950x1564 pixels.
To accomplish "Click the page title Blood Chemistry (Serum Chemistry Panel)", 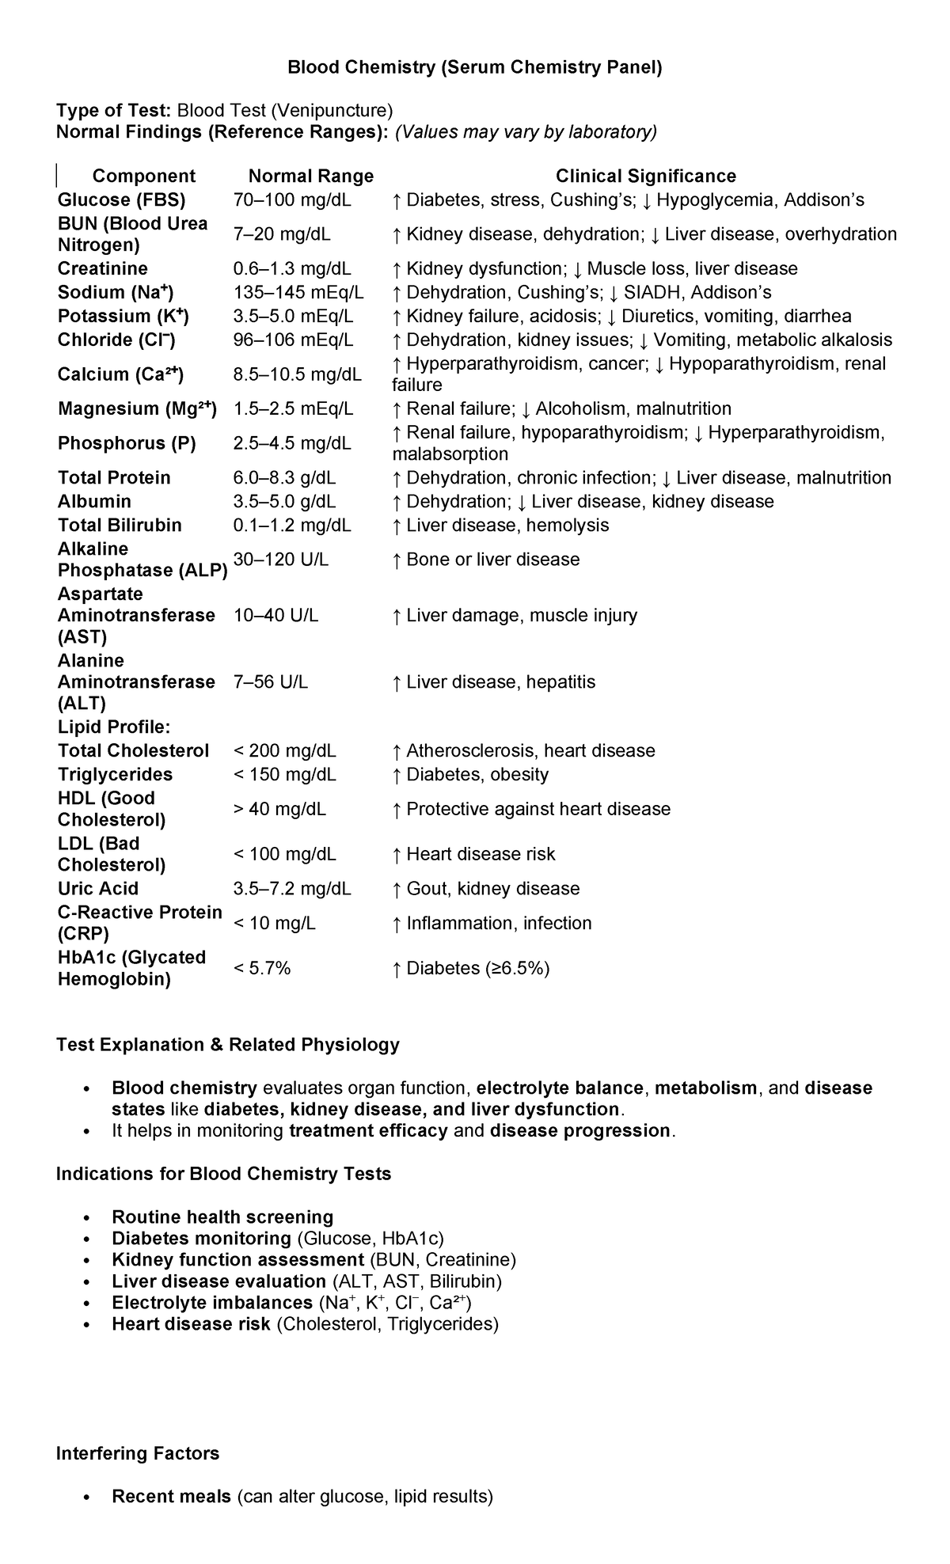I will point(474,67).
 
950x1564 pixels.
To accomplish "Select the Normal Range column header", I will point(310,176).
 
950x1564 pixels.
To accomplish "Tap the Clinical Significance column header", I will point(645,176).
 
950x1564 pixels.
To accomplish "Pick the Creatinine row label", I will point(103,268).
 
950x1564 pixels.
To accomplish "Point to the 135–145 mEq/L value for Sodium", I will point(298,292).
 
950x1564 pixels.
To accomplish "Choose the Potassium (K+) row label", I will point(123,316).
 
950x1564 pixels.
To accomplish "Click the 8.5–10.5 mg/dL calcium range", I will point(297,374).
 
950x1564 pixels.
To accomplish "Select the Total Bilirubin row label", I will point(120,525).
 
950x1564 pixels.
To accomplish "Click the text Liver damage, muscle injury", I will point(522,615).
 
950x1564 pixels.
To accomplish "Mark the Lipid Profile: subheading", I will point(114,727).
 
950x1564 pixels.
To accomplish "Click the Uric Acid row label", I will point(98,888).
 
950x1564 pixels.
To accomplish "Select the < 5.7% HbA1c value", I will point(262,968).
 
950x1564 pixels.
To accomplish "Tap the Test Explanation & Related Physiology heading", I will point(227,1045).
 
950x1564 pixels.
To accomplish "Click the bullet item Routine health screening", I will point(222,1217).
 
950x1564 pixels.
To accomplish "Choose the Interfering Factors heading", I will point(138,1453).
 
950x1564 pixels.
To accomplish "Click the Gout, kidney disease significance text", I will point(492,888).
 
